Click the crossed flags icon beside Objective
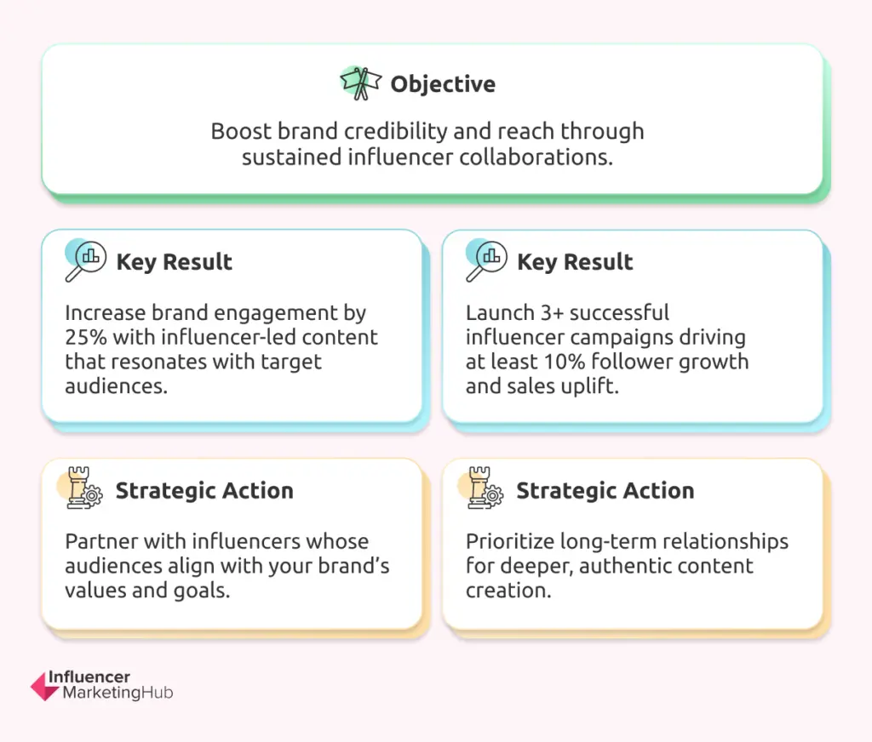tap(361, 83)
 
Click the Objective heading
tap(443, 84)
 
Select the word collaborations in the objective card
tap(536, 157)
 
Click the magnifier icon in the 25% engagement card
tap(85, 260)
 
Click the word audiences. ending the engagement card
tap(116, 386)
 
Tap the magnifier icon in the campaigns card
tap(486, 260)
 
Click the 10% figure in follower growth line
tap(564, 362)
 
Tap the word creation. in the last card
tap(508, 591)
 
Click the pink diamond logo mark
tap(44, 687)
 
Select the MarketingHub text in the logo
tap(118, 693)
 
